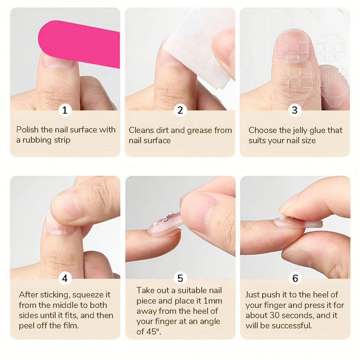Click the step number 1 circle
pos(65,110)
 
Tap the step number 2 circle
pos(180,110)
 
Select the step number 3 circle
pos(295,110)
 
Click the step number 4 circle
pos(65,278)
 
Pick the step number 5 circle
pos(180,278)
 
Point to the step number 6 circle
pos(295,278)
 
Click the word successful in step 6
pos(293,325)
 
